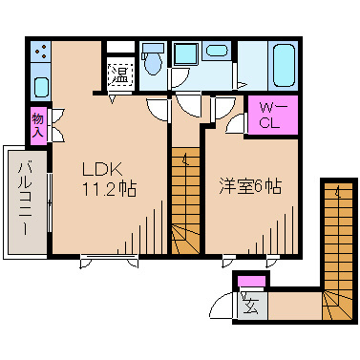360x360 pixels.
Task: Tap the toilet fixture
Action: click(152, 61)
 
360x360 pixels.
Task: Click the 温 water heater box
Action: click(119, 73)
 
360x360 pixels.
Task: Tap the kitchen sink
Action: click(39, 86)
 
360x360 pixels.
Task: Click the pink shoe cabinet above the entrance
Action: click(253, 282)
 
